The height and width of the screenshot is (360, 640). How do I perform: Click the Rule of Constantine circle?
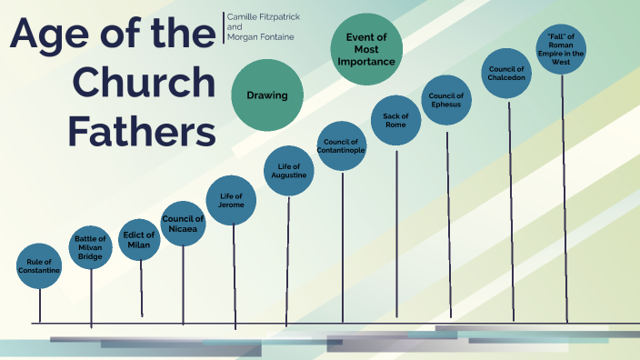click(x=39, y=266)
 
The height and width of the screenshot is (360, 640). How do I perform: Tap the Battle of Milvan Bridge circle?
click(x=90, y=247)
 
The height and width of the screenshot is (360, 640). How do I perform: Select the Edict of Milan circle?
click(x=140, y=239)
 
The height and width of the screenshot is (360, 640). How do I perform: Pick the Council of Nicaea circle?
click(x=183, y=224)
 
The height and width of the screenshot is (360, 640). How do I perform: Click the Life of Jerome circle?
click(x=231, y=200)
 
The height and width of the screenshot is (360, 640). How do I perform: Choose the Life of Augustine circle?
click(x=287, y=171)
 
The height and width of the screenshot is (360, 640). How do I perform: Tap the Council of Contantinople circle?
click(x=342, y=145)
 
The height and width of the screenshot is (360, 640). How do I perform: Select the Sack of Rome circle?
click(x=395, y=120)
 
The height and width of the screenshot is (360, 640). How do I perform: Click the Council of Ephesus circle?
click(x=446, y=100)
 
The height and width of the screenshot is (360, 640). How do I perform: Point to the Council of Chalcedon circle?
click(x=507, y=73)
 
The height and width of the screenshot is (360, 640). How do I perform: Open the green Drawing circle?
click(x=266, y=95)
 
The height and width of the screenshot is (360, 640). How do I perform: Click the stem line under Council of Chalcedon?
click(x=510, y=209)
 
